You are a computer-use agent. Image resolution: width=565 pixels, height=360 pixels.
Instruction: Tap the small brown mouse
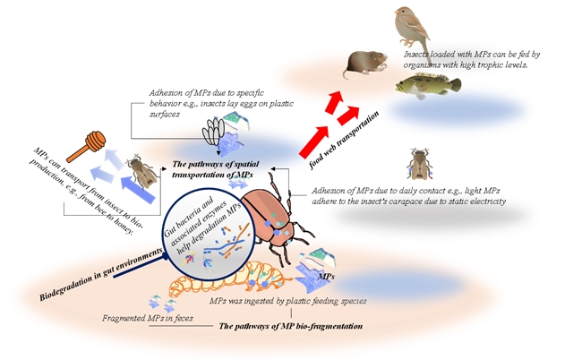[x=366, y=64]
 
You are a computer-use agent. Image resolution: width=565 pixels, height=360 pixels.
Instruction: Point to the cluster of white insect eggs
[x=212, y=132]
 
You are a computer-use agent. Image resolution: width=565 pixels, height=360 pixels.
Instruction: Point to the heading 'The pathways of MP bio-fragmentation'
[x=290, y=328]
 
